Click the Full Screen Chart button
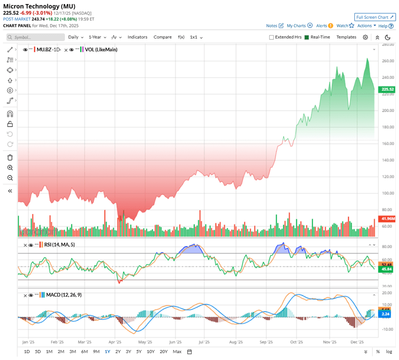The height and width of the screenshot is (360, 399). [374, 17]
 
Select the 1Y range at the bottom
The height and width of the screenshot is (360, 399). [107, 352]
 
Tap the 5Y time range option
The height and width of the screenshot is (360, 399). [139, 352]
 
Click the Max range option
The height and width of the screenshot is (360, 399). [177, 352]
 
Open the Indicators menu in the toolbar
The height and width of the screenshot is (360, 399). [137, 37]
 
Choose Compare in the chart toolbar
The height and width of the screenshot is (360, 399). [162, 37]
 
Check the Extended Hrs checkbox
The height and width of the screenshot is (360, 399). [271, 37]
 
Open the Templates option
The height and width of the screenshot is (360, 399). [346, 37]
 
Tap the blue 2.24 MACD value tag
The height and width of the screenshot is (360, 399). [385, 314]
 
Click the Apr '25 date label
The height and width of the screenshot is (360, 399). [115, 342]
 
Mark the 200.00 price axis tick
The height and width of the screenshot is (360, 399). [387, 111]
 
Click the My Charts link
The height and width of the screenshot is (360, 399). [299, 26]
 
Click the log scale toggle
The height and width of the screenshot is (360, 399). [388, 352]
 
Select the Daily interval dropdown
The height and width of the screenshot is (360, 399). [75, 37]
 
